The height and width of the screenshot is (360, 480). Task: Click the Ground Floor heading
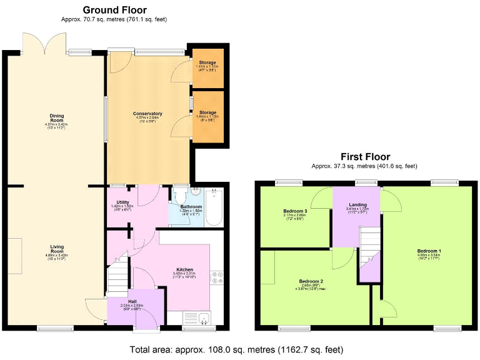point(114,10)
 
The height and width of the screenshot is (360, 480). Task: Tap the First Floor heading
point(365,157)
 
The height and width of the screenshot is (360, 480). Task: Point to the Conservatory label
point(147,114)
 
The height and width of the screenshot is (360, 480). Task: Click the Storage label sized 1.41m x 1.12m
point(207,63)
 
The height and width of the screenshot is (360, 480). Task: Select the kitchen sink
point(204,319)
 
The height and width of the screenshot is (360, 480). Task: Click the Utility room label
point(122,202)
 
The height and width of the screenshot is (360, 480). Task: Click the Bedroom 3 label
point(294,211)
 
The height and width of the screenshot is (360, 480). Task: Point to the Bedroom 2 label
point(311,281)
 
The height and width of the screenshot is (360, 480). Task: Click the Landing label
point(358,204)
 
